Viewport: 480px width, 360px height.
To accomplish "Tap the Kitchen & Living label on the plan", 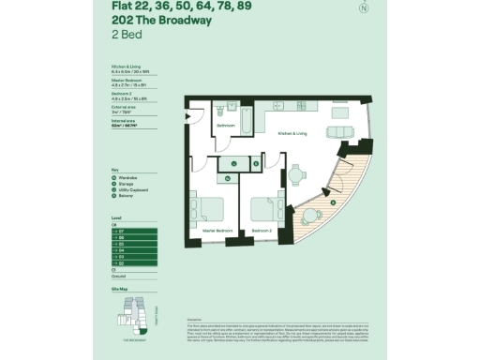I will (x=292, y=134).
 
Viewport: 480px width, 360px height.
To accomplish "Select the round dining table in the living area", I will (x=296, y=173).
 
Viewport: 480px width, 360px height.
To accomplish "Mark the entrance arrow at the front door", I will (x=187, y=115).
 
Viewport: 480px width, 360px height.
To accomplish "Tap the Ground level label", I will (x=118, y=277).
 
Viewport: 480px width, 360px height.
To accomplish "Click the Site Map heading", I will (x=118, y=291).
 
